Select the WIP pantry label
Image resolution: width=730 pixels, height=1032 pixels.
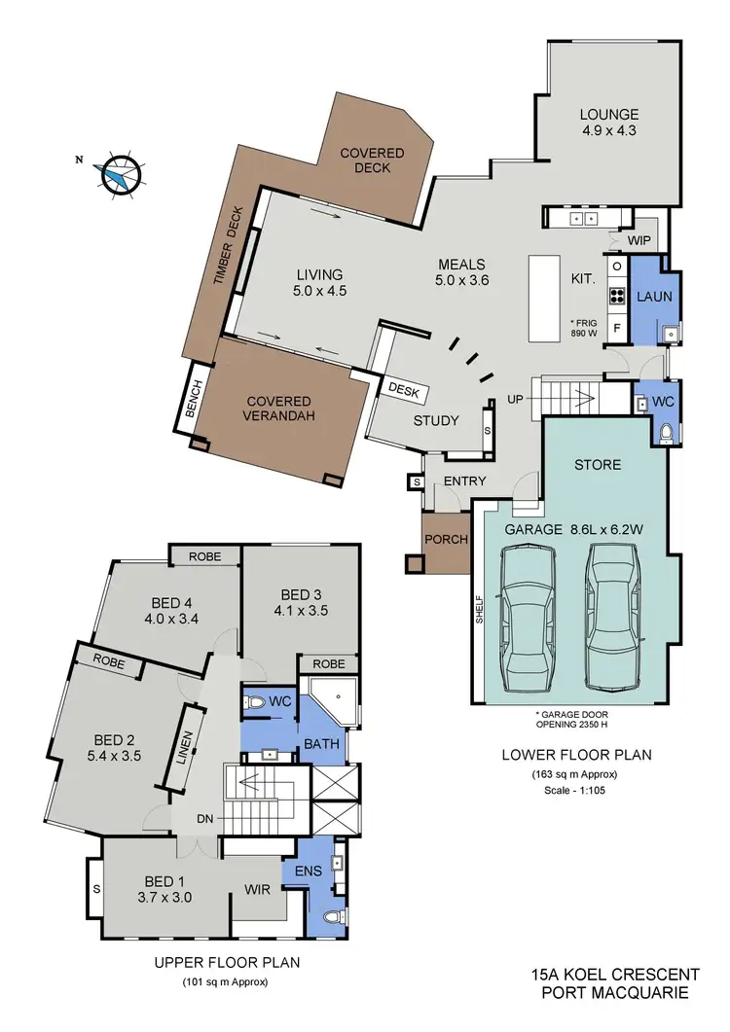(x=639, y=240)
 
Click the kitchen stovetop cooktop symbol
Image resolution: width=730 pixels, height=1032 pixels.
(x=616, y=298)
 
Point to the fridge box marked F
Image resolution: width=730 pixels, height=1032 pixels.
(x=616, y=328)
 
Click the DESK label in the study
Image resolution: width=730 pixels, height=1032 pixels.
(x=403, y=388)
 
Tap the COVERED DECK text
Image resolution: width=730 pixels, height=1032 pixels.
(x=366, y=160)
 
